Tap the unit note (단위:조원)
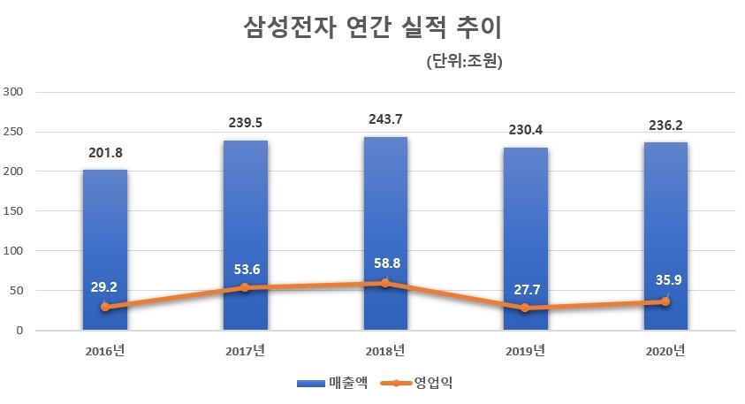463,62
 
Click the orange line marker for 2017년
245,288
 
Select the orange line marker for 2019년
525,309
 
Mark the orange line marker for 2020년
665,301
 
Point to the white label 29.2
105,287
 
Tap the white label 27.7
525,288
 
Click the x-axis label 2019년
525,351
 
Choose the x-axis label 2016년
105,351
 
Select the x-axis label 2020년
665,351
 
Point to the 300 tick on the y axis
17,92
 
